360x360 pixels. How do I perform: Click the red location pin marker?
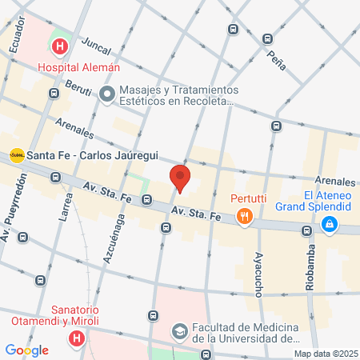coord(180,178)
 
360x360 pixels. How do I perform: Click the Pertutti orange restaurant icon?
coord(245,214)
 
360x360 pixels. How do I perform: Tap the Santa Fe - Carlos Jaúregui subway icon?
coord(16,154)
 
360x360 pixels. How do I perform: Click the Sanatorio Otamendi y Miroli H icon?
coord(77,339)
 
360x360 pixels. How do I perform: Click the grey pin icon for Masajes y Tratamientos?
coord(107,95)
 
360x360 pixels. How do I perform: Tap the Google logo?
coord(26,350)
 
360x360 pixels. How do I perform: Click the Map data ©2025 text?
coord(326,354)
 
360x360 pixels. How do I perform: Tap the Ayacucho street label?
coord(258,273)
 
